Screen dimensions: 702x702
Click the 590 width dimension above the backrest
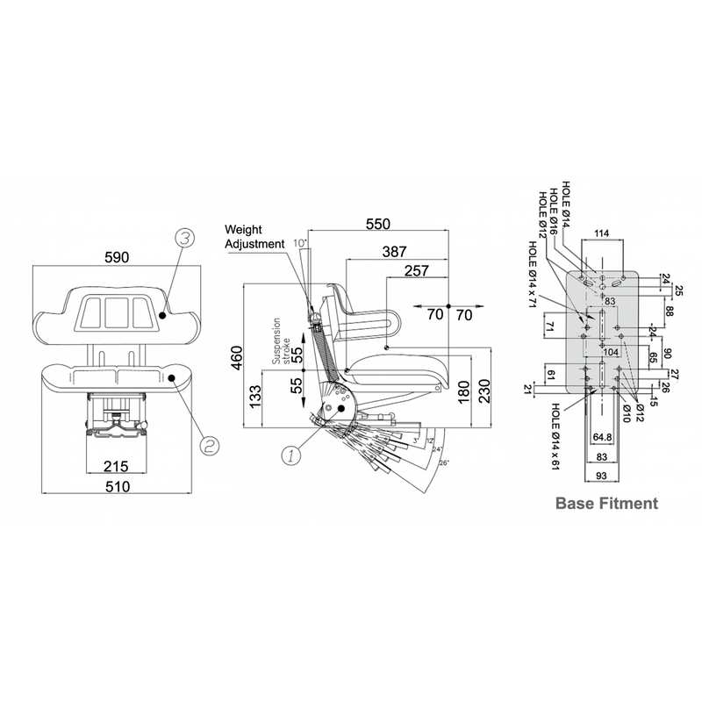click(117, 257)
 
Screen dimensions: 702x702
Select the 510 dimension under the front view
click(117, 485)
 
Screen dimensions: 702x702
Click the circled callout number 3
click(184, 237)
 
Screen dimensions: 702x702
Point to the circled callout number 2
click(208, 445)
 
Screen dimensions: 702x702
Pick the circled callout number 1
click(290, 455)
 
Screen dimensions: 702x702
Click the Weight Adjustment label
click(254, 236)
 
